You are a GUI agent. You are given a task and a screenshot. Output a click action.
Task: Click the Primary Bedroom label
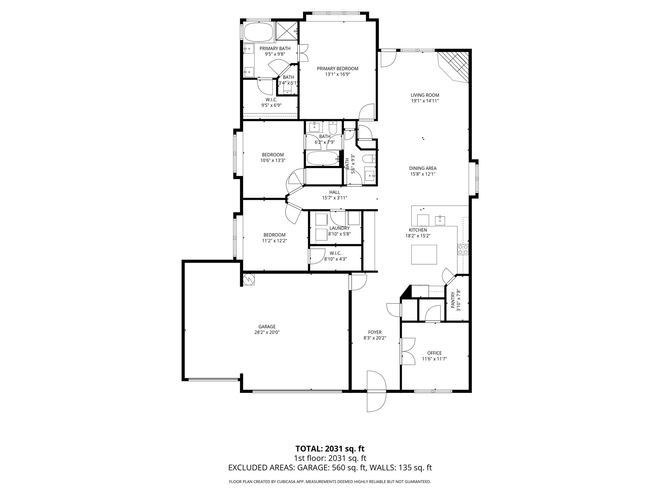click(337, 69)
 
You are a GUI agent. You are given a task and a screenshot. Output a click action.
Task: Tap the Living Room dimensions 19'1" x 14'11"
click(424, 101)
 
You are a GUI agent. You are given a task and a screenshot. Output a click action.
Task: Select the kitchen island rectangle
click(424, 255)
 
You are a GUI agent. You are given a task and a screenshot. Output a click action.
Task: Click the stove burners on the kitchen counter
click(463, 250)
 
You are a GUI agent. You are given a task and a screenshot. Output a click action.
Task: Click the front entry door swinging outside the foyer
click(376, 400)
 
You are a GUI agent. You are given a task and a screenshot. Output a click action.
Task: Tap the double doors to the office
click(408, 351)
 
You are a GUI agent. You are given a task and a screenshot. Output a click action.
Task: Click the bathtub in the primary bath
click(258, 32)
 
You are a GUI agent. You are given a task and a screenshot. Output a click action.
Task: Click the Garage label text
click(267, 326)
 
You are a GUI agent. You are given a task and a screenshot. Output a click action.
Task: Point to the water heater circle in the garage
click(249, 279)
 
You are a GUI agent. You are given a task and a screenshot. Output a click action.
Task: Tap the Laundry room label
click(339, 228)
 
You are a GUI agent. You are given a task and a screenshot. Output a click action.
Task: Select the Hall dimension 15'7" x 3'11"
click(335, 198)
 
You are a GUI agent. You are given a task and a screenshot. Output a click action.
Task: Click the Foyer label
click(375, 332)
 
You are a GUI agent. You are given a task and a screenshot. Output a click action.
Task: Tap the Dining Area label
click(422, 168)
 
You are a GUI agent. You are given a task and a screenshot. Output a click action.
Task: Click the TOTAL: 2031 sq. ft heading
click(330, 449)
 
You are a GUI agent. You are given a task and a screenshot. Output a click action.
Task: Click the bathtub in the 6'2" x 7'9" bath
click(323, 158)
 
